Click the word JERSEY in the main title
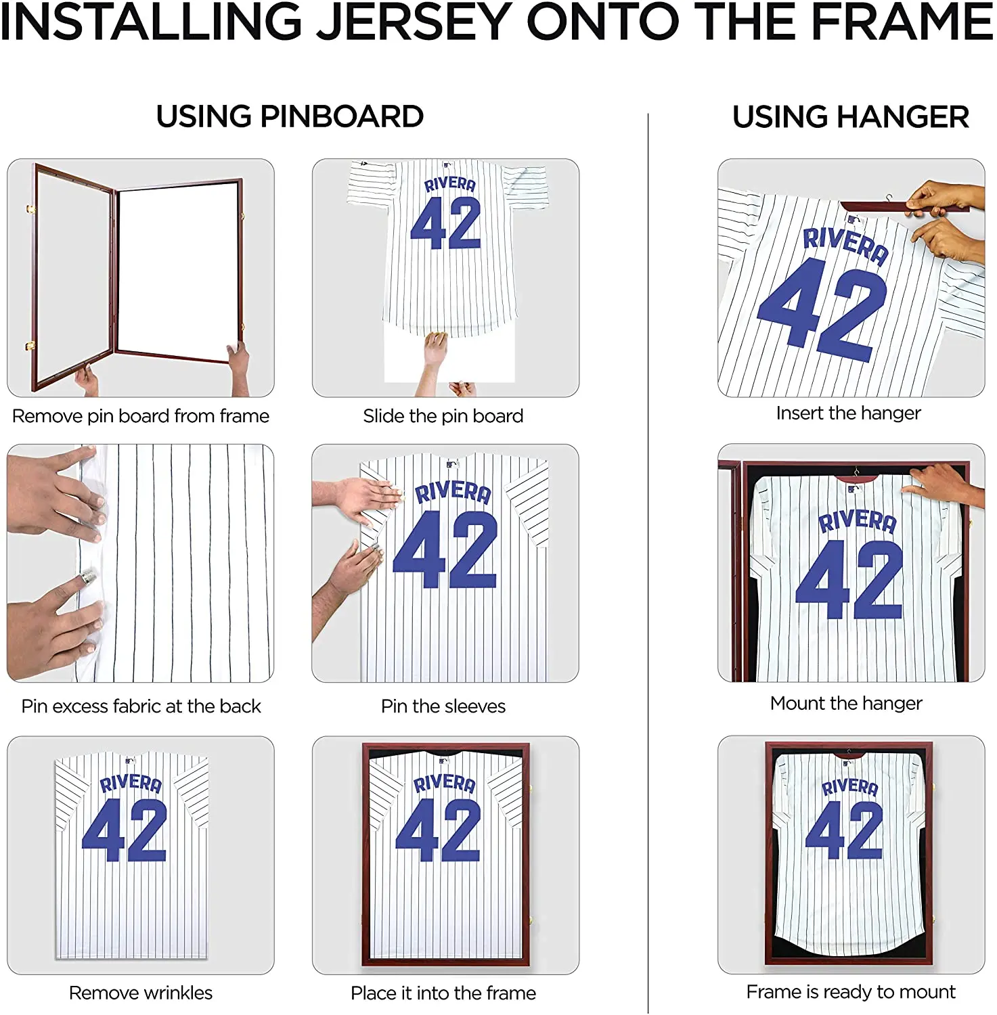[415, 22]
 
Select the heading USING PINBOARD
[290, 116]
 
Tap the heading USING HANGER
[850, 116]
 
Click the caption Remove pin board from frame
[141, 415]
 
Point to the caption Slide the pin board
[443, 415]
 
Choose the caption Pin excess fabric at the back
[141, 706]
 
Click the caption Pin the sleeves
[443, 706]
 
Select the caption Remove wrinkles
[141, 993]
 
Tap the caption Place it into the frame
[443, 993]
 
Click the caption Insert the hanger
[848, 413]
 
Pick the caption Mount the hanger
[846, 703]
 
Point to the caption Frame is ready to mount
[851, 991]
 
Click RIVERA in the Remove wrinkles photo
[131, 783]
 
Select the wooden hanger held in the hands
[880, 206]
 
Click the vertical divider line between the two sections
[648, 562]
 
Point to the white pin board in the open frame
[177, 271]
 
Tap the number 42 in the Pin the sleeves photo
[445, 549]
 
